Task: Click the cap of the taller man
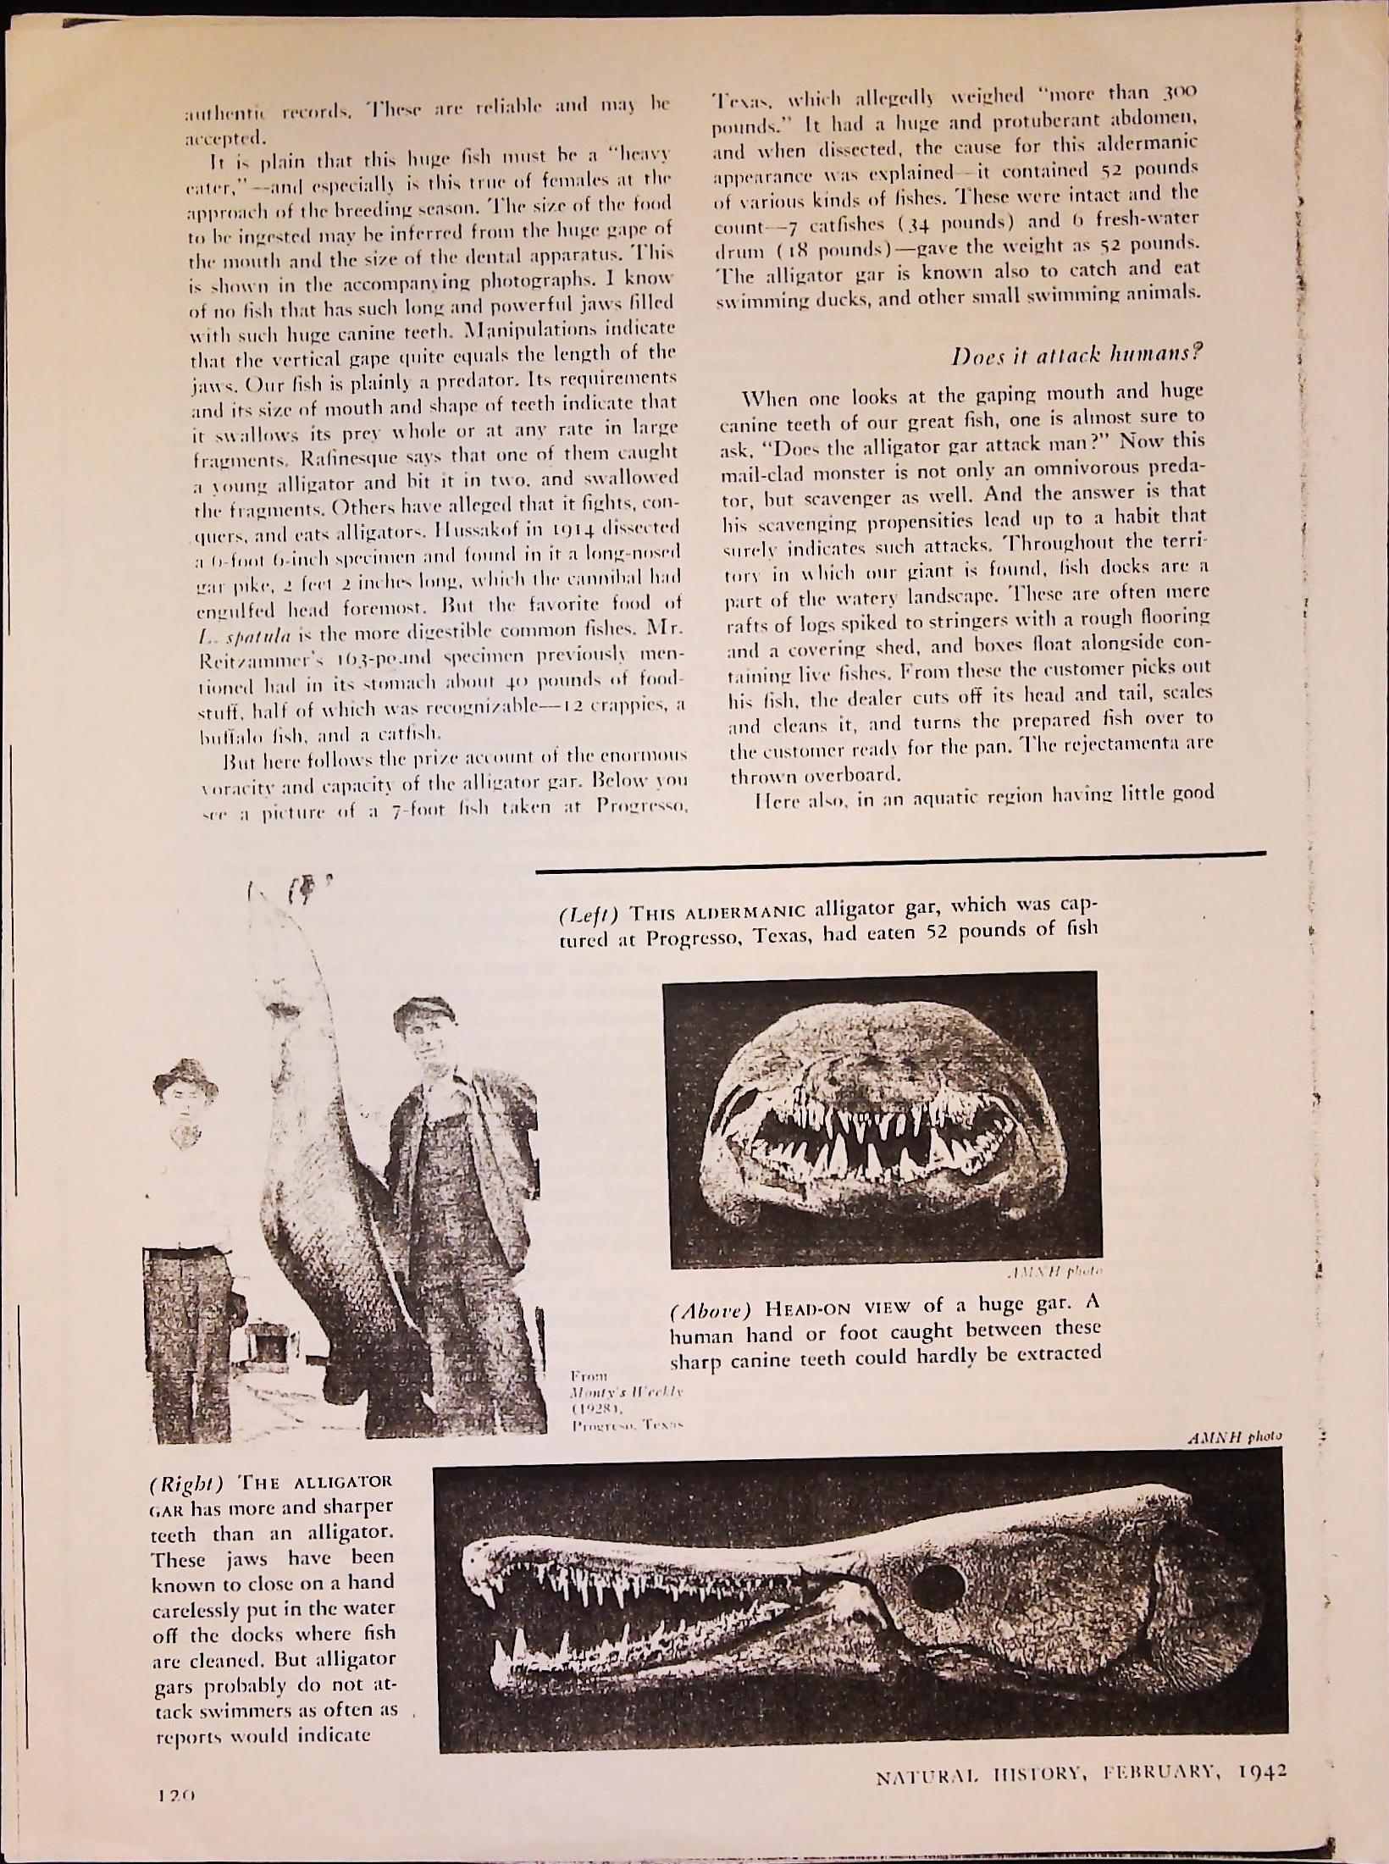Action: click(423, 1009)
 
